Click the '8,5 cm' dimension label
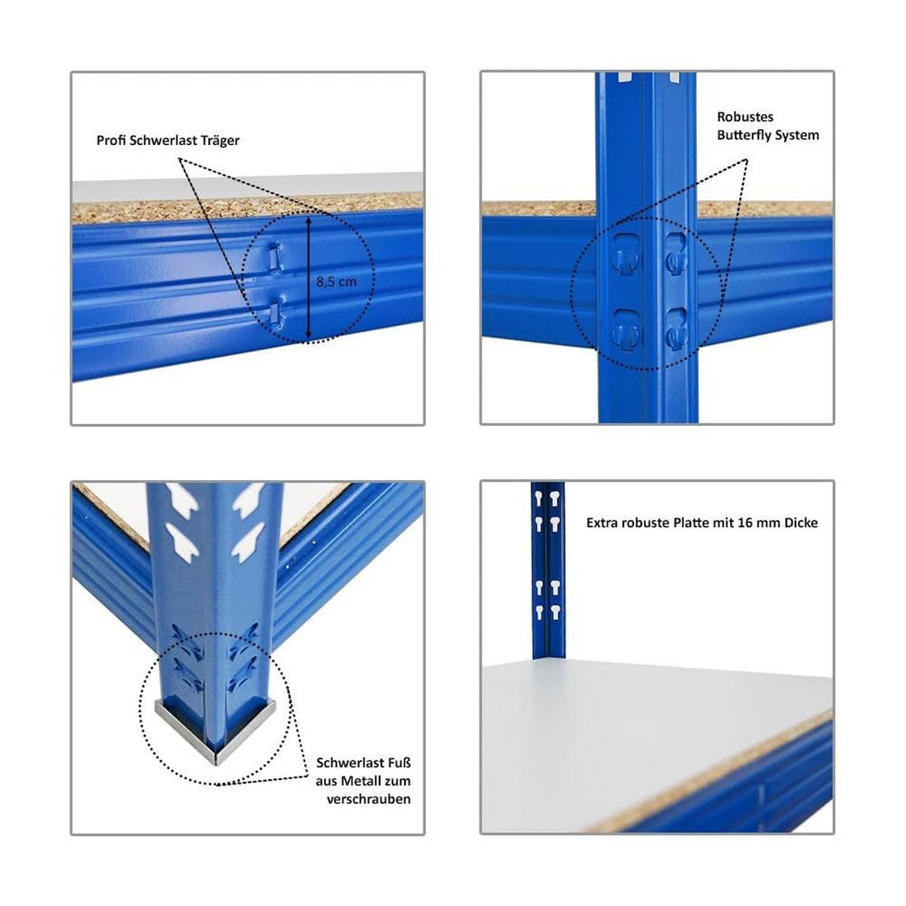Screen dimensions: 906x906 (x=337, y=282)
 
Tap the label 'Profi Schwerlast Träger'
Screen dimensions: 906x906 (x=168, y=140)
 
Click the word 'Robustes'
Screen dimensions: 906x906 (x=744, y=117)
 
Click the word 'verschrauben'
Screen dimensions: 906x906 (x=368, y=799)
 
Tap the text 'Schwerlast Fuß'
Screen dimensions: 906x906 (x=363, y=763)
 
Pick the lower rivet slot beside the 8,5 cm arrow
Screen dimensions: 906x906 (x=276, y=311)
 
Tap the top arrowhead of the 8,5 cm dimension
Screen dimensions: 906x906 (x=308, y=221)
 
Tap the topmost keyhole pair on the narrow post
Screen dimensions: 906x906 (x=547, y=499)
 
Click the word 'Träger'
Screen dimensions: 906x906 (x=220, y=140)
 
